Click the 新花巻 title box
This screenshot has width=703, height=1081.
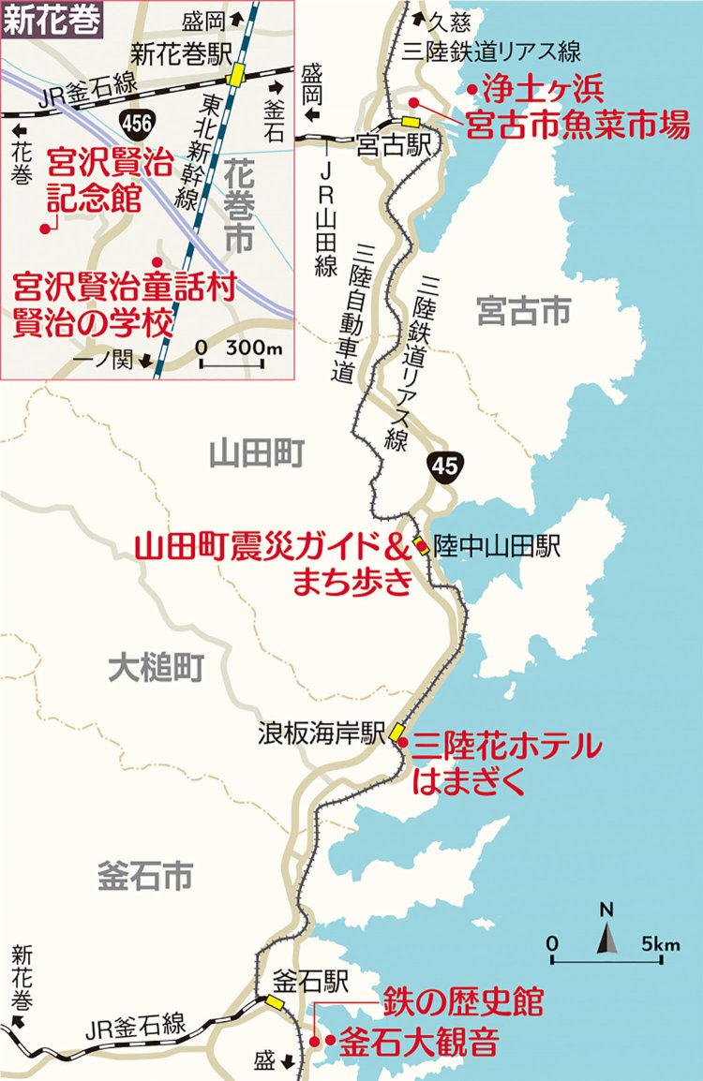pos(51,22)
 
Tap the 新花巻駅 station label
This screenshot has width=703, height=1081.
pos(181,54)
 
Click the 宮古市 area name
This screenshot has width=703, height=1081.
pos(523,312)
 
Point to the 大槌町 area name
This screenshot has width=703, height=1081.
pos(156,667)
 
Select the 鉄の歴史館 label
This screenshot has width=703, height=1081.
pos(462,1002)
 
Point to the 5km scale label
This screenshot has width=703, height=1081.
pos(662,942)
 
